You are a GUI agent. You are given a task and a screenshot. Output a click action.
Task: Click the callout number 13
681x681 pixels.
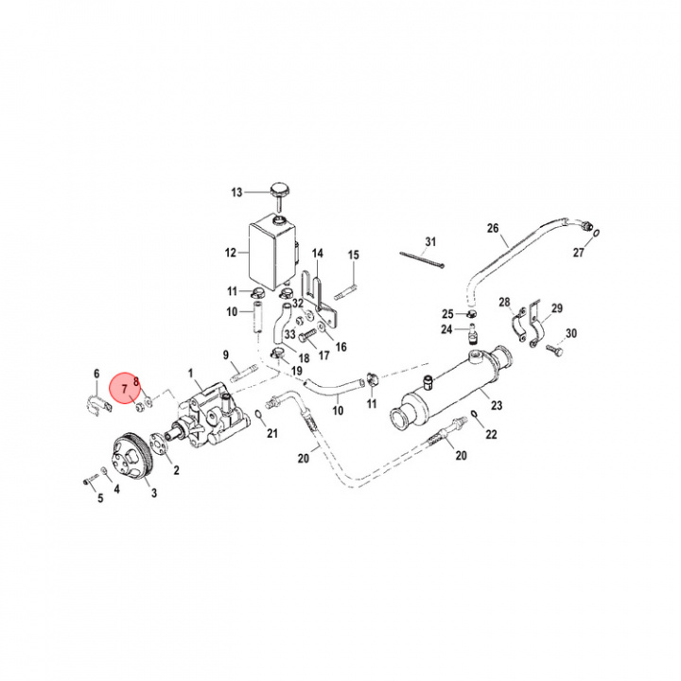point(236,192)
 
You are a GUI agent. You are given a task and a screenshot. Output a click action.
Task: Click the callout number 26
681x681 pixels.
point(492,228)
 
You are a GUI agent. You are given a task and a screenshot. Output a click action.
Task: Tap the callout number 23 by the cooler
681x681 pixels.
point(495,406)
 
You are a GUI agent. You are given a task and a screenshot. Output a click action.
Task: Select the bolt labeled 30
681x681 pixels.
point(554,351)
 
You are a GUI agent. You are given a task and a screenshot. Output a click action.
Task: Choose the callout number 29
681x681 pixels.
point(557,308)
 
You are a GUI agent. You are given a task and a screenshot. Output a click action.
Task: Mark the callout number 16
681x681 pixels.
point(340,347)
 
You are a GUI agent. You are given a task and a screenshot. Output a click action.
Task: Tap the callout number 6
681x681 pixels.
point(96,373)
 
